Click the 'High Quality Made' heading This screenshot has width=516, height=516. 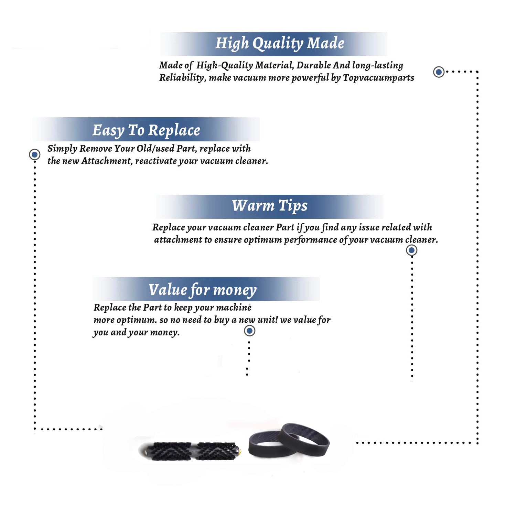tap(280, 44)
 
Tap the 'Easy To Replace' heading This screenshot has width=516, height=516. tap(146, 131)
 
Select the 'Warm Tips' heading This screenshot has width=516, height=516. tap(270, 206)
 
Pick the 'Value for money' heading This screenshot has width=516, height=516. tap(203, 290)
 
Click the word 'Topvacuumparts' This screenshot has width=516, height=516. tap(378, 78)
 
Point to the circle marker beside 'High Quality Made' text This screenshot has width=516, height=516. tap(439, 72)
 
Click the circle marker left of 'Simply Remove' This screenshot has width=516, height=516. tap(34, 154)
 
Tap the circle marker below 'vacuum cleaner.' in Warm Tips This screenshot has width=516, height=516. tap(411, 250)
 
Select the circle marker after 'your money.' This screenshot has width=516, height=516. tap(249, 331)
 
